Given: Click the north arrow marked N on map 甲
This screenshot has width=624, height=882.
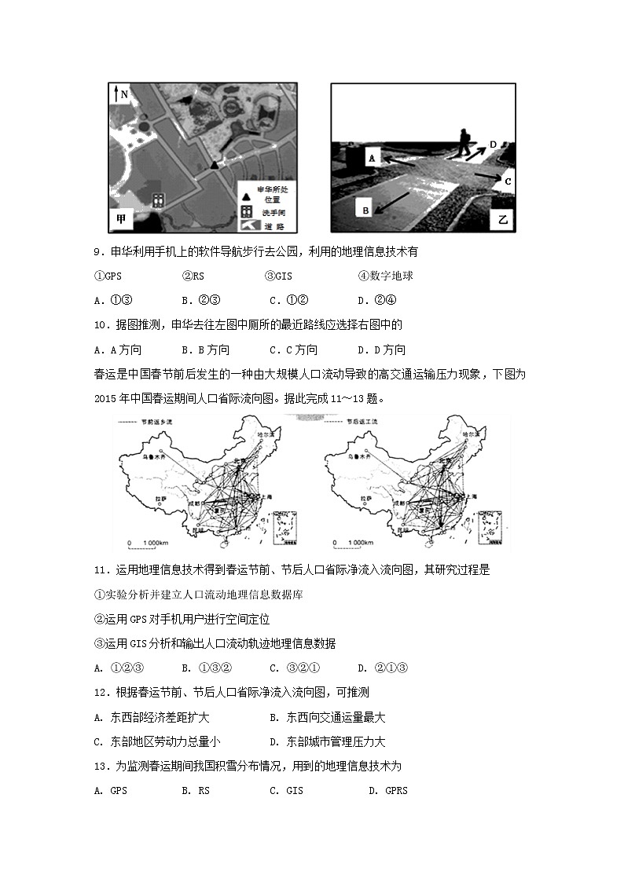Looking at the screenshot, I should [x=119, y=94].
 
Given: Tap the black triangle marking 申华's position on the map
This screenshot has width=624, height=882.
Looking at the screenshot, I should [x=214, y=165].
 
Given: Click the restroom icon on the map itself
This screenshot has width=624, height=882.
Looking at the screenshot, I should [x=158, y=200].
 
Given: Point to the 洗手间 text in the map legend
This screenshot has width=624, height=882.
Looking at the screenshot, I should [x=272, y=212].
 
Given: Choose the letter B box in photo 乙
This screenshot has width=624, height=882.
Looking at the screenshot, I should [x=365, y=209].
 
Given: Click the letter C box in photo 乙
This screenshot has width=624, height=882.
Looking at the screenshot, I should [x=508, y=181].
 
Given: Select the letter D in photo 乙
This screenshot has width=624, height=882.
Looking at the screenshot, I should [x=493, y=145].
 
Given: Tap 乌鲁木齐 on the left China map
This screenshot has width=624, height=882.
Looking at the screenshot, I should [x=154, y=454].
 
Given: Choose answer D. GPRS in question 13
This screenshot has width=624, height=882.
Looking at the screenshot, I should [x=388, y=791].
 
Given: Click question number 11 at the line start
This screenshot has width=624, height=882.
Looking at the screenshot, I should [x=99, y=570].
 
